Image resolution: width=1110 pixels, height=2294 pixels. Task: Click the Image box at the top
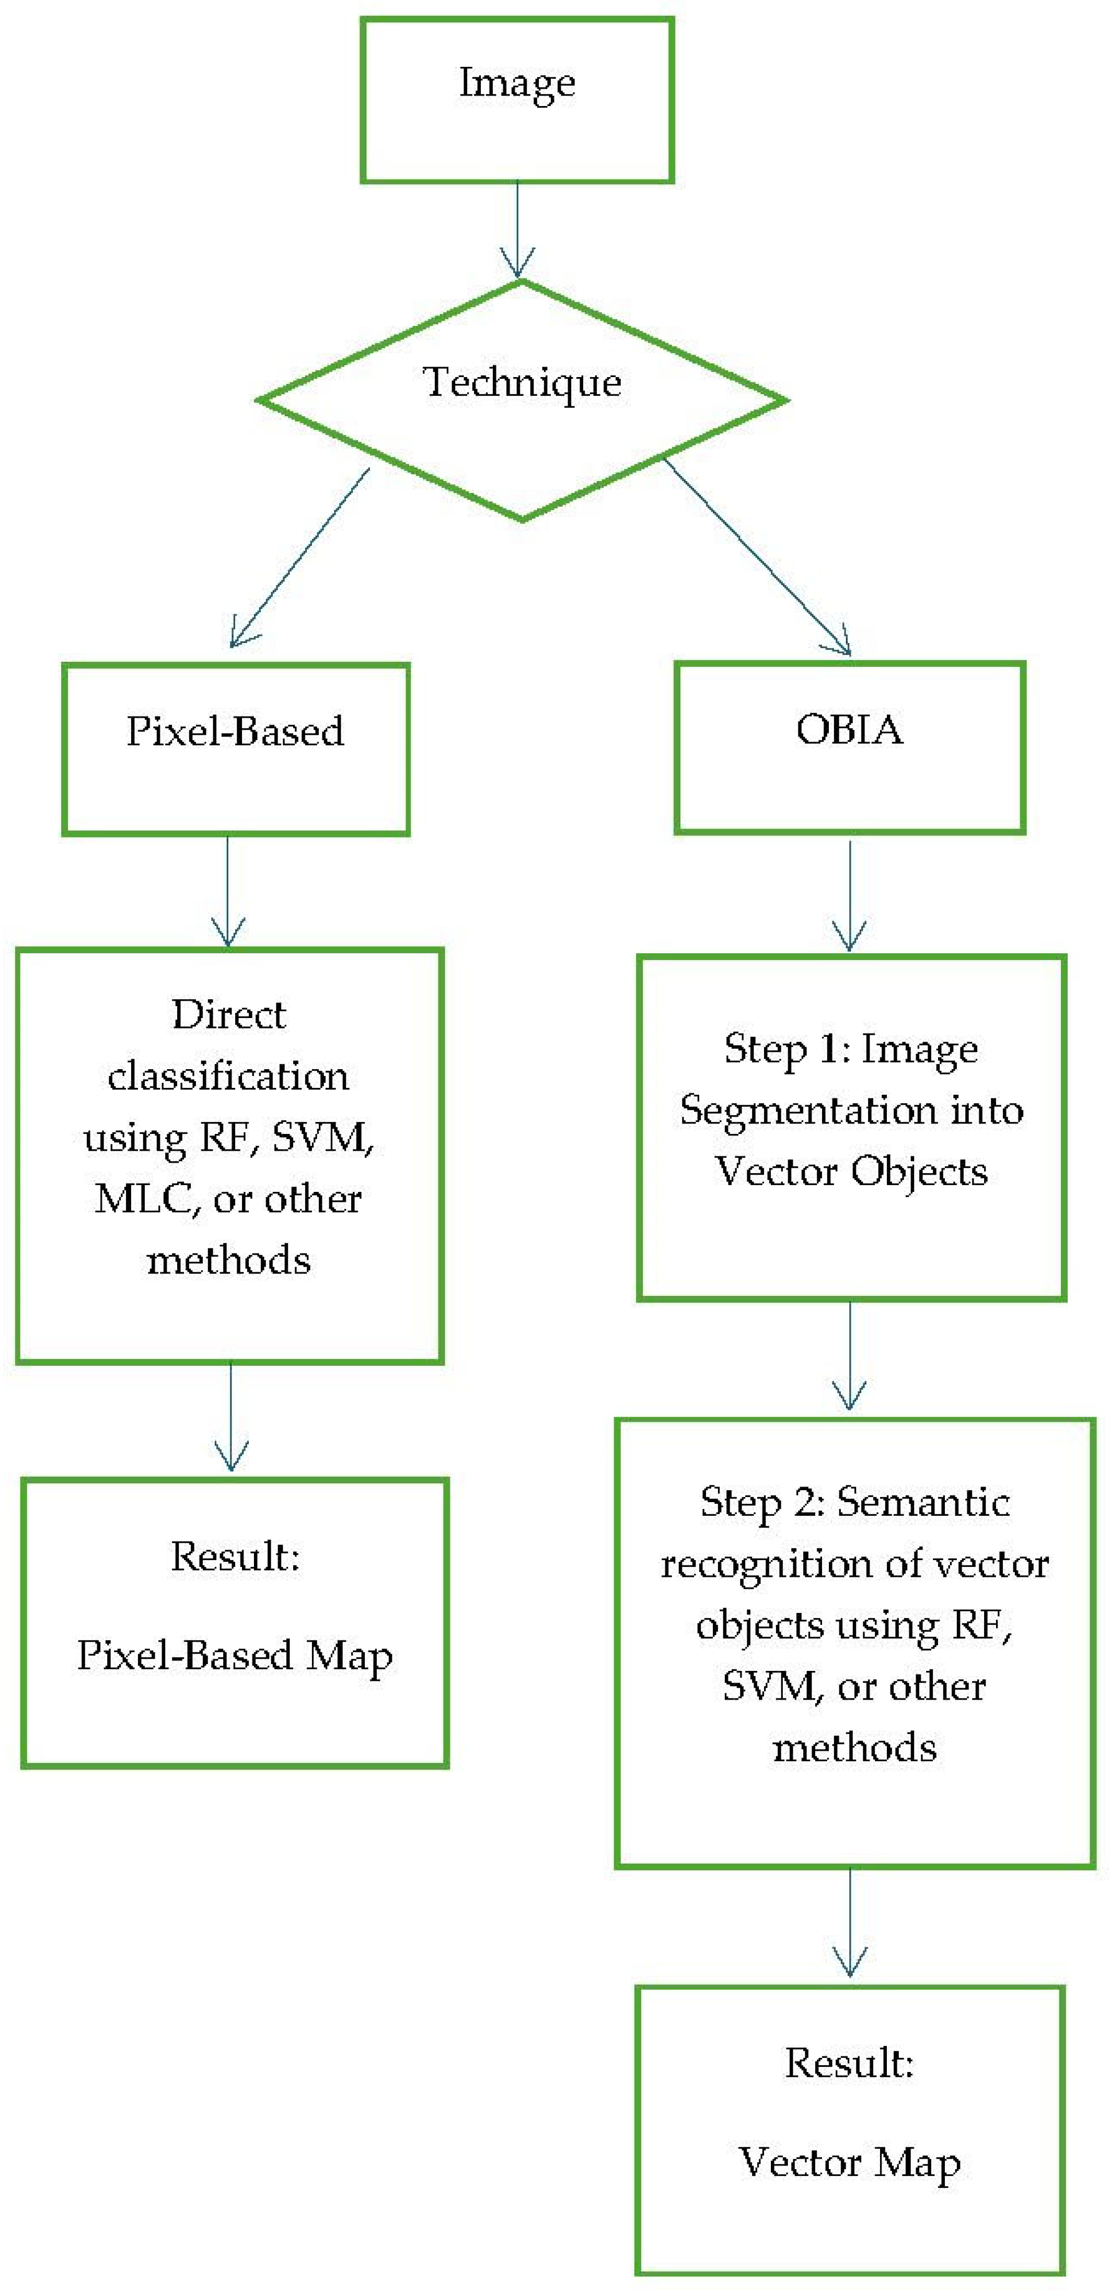(517, 101)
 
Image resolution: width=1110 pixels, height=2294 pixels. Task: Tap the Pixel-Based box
(235, 749)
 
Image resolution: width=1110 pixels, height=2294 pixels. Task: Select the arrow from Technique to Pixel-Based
(299, 557)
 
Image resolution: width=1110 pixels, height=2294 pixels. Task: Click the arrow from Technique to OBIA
(757, 557)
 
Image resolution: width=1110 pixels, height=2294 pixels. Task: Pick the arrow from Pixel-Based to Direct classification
(228, 891)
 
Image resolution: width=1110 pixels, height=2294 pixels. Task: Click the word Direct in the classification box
(229, 1014)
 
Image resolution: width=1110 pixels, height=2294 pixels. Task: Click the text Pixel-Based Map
(234, 1656)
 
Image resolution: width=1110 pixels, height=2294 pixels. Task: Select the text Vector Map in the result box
(849, 2162)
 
